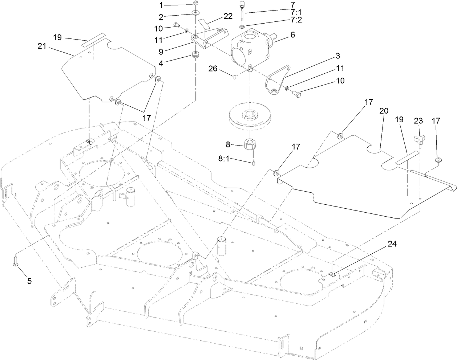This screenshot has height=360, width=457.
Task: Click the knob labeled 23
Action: (x=419, y=139)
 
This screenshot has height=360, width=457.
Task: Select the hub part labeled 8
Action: (x=250, y=146)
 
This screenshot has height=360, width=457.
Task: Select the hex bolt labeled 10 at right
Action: (x=297, y=94)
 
